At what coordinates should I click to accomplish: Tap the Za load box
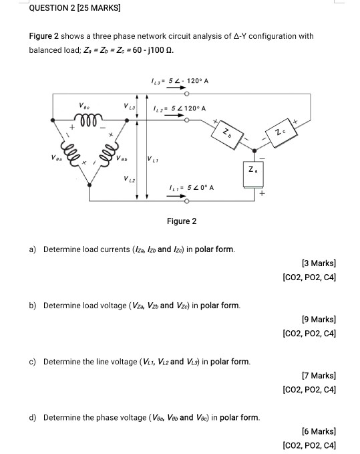pos(253,175)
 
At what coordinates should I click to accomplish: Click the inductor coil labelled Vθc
pos(88,119)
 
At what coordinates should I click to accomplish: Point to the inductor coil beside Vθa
pos(69,154)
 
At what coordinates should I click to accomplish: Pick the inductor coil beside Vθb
pos(108,154)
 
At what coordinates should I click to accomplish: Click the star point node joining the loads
pos(254,150)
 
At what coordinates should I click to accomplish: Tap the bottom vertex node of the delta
pos(89,185)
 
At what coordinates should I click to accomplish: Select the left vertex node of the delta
pos(53,120)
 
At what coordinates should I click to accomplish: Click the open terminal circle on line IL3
pos(187,94)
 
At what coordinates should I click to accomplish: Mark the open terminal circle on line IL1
pos(187,201)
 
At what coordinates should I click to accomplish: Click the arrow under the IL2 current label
pos(174,115)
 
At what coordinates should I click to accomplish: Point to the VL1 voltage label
pos(153,158)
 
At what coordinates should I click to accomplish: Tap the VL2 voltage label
pos(130,179)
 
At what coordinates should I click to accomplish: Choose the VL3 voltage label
pos(130,106)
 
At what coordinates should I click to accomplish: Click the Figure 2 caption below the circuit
pos(182,221)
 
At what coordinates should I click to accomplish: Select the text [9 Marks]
pos(319,320)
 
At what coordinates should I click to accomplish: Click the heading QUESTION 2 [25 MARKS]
pos(75,8)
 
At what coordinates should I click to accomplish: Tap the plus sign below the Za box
pos(262,193)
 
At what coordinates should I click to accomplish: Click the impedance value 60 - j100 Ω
pos(153,50)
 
